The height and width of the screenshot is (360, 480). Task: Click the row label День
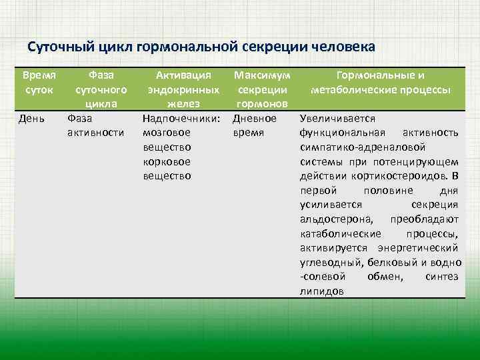pos(33,119)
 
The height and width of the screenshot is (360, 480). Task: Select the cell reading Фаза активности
pos(95,125)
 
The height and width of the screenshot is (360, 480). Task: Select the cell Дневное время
pos(254,125)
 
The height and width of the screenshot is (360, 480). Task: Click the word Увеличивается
pos(337,119)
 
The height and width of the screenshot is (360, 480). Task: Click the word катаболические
pos(340,233)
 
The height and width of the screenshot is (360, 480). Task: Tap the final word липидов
pos(322,291)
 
